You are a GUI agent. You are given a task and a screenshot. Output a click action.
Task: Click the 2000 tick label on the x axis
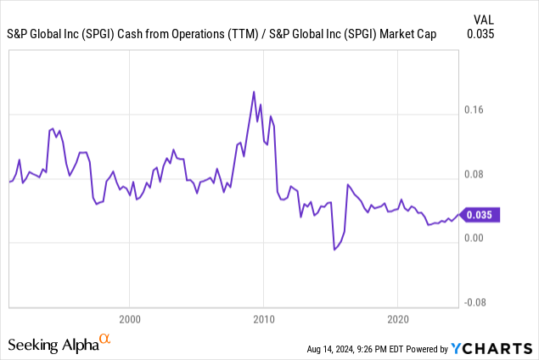(x=129, y=322)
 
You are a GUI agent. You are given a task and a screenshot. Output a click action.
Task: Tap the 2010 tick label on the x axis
(x=263, y=322)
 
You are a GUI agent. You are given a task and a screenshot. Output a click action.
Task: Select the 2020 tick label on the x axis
(x=397, y=322)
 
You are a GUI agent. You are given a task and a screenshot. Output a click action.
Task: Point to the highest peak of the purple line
(x=254, y=92)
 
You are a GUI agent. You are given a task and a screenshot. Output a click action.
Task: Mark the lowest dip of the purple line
(x=334, y=250)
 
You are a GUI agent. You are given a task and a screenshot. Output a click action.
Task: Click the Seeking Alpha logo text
(x=53, y=345)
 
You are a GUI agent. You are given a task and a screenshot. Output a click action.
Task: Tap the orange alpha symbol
(x=105, y=340)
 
